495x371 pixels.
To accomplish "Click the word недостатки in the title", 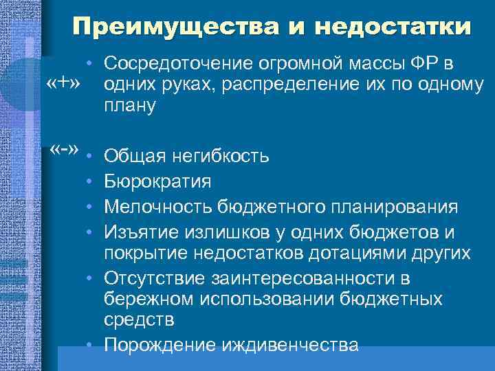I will tap(393, 27).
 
